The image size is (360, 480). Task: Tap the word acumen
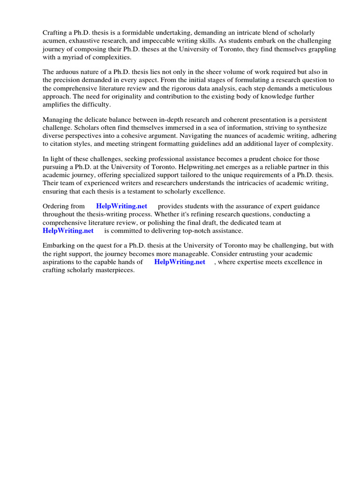click(55, 41)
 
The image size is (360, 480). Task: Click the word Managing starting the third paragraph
click(59, 120)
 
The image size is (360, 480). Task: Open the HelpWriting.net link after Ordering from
click(121, 206)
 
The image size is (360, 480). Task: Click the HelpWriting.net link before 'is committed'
click(68, 231)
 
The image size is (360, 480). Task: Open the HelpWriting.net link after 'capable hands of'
click(180, 262)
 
